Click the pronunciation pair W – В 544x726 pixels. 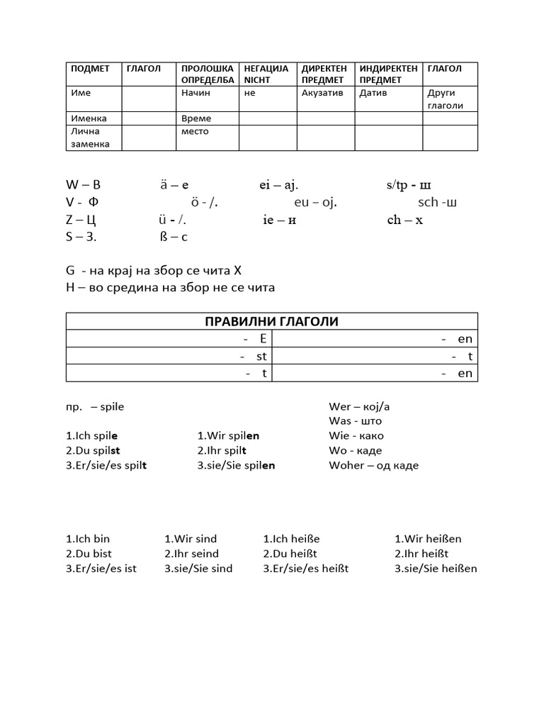pos(83,185)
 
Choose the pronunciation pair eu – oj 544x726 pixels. pos(315,203)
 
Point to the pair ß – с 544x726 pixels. pos(174,237)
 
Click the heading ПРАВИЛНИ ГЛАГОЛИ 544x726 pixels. pos(271,322)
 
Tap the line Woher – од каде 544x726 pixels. pos(373,465)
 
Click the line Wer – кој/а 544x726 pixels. pos(359,407)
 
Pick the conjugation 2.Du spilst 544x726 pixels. pos(93,450)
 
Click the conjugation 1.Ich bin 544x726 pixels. pos(88,539)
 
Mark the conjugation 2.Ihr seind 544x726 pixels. pos(191,554)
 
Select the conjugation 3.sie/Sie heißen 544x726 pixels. pos(436,569)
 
